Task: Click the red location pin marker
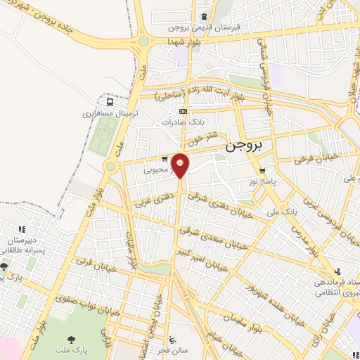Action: point(181,165)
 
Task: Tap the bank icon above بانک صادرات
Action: point(184,110)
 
